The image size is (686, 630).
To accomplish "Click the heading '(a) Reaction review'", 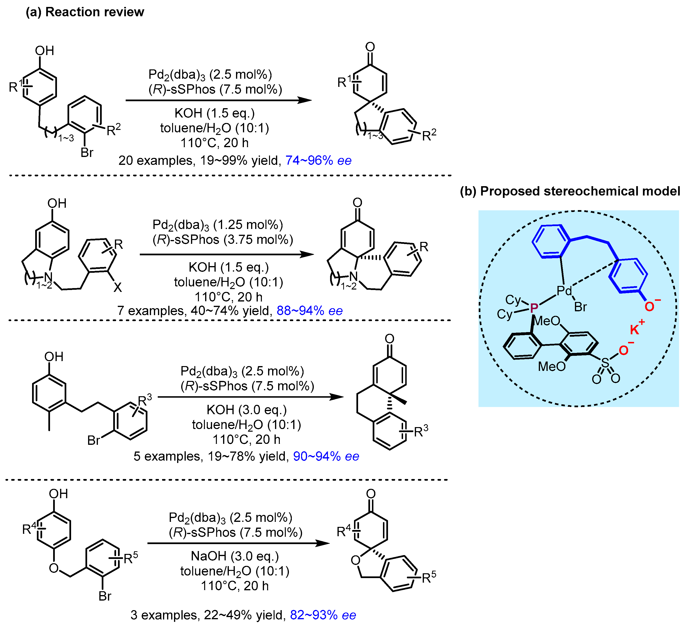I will click(85, 12).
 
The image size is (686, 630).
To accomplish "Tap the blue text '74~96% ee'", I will click(318, 160).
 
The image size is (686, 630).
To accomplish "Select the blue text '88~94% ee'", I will click(309, 311).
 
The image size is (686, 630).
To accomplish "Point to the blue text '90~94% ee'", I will click(326, 456).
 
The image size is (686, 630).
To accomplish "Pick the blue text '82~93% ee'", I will click(323, 615).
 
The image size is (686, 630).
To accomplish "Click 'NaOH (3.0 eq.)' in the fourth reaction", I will click(235, 556).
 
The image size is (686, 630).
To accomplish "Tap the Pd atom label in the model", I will click(564, 291).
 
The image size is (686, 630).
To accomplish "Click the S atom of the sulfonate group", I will click(605, 363).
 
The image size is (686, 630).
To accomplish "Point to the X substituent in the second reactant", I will click(118, 287).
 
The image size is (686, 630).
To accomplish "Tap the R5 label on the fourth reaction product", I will click(429, 578).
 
